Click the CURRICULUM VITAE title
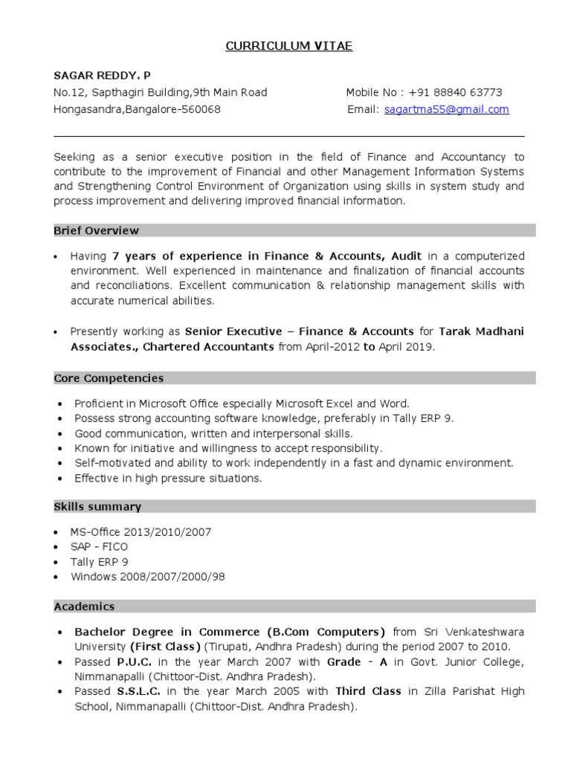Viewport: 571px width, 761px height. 289,47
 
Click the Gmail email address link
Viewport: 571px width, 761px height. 446,109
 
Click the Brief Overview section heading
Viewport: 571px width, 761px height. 96,230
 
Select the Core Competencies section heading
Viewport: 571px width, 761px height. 109,378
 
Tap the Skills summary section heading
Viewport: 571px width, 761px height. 97,507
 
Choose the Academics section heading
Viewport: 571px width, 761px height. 84,606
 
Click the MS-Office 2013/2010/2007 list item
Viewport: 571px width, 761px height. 141,532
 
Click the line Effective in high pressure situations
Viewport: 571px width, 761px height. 168,478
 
